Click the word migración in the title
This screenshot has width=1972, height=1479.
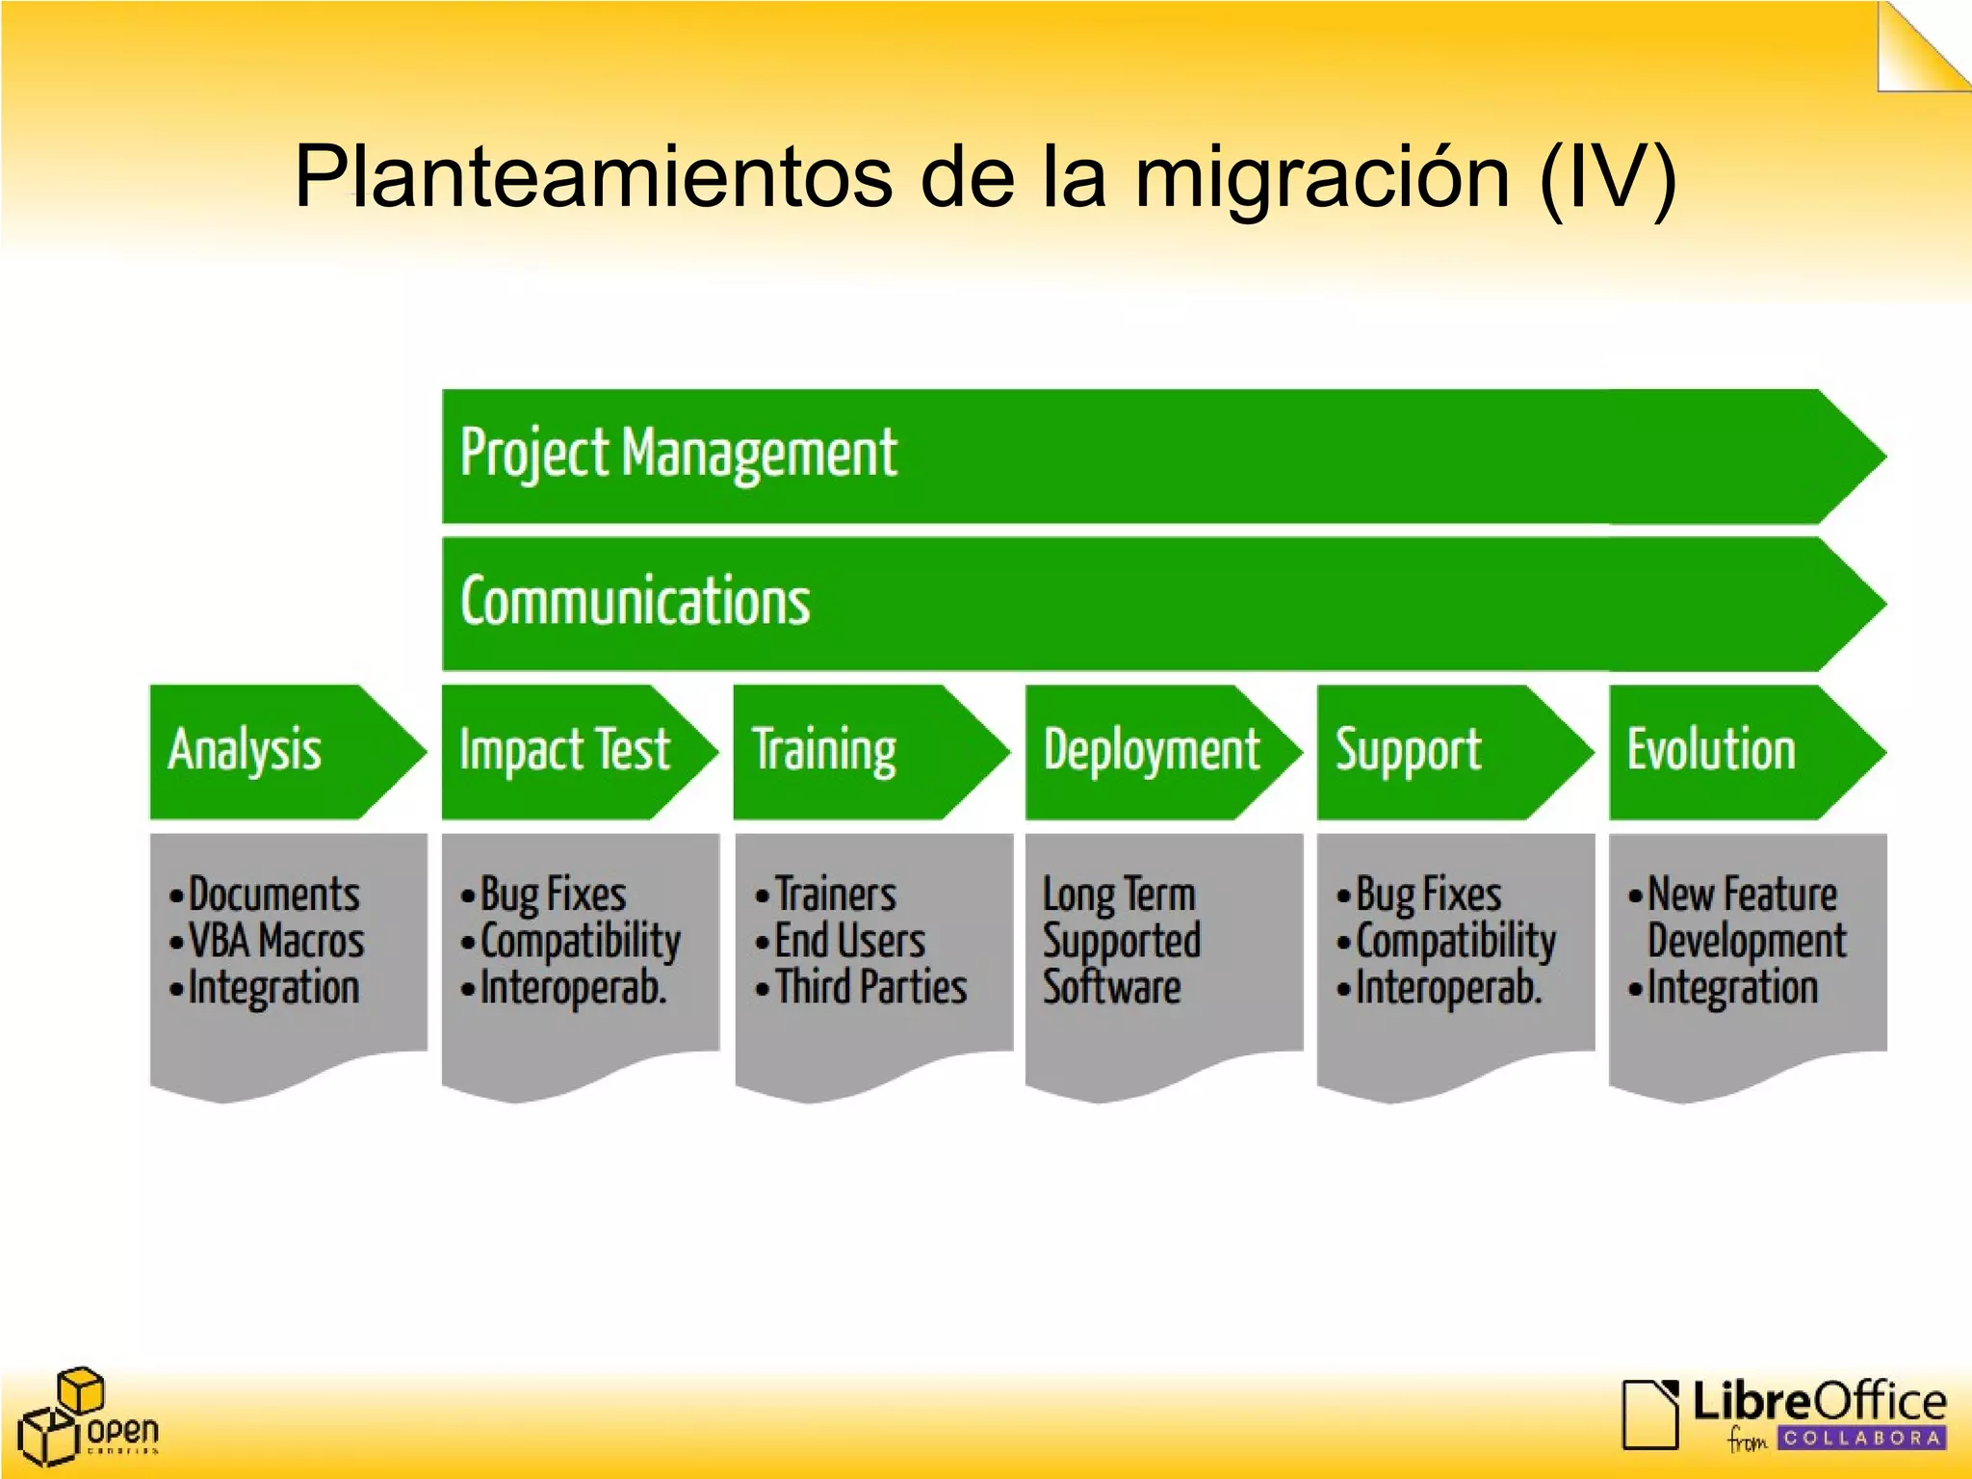coord(1322,178)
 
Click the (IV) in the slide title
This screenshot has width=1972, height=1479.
coord(1607,178)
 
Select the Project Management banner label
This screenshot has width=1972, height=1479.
coord(678,454)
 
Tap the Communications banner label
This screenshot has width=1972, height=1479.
coord(636,602)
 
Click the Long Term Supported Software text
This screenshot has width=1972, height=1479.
coord(1122,941)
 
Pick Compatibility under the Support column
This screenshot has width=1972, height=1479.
coord(1455,941)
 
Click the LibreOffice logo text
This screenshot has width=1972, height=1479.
coord(1818,1402)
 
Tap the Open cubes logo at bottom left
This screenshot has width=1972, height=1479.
coord(87,1415)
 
